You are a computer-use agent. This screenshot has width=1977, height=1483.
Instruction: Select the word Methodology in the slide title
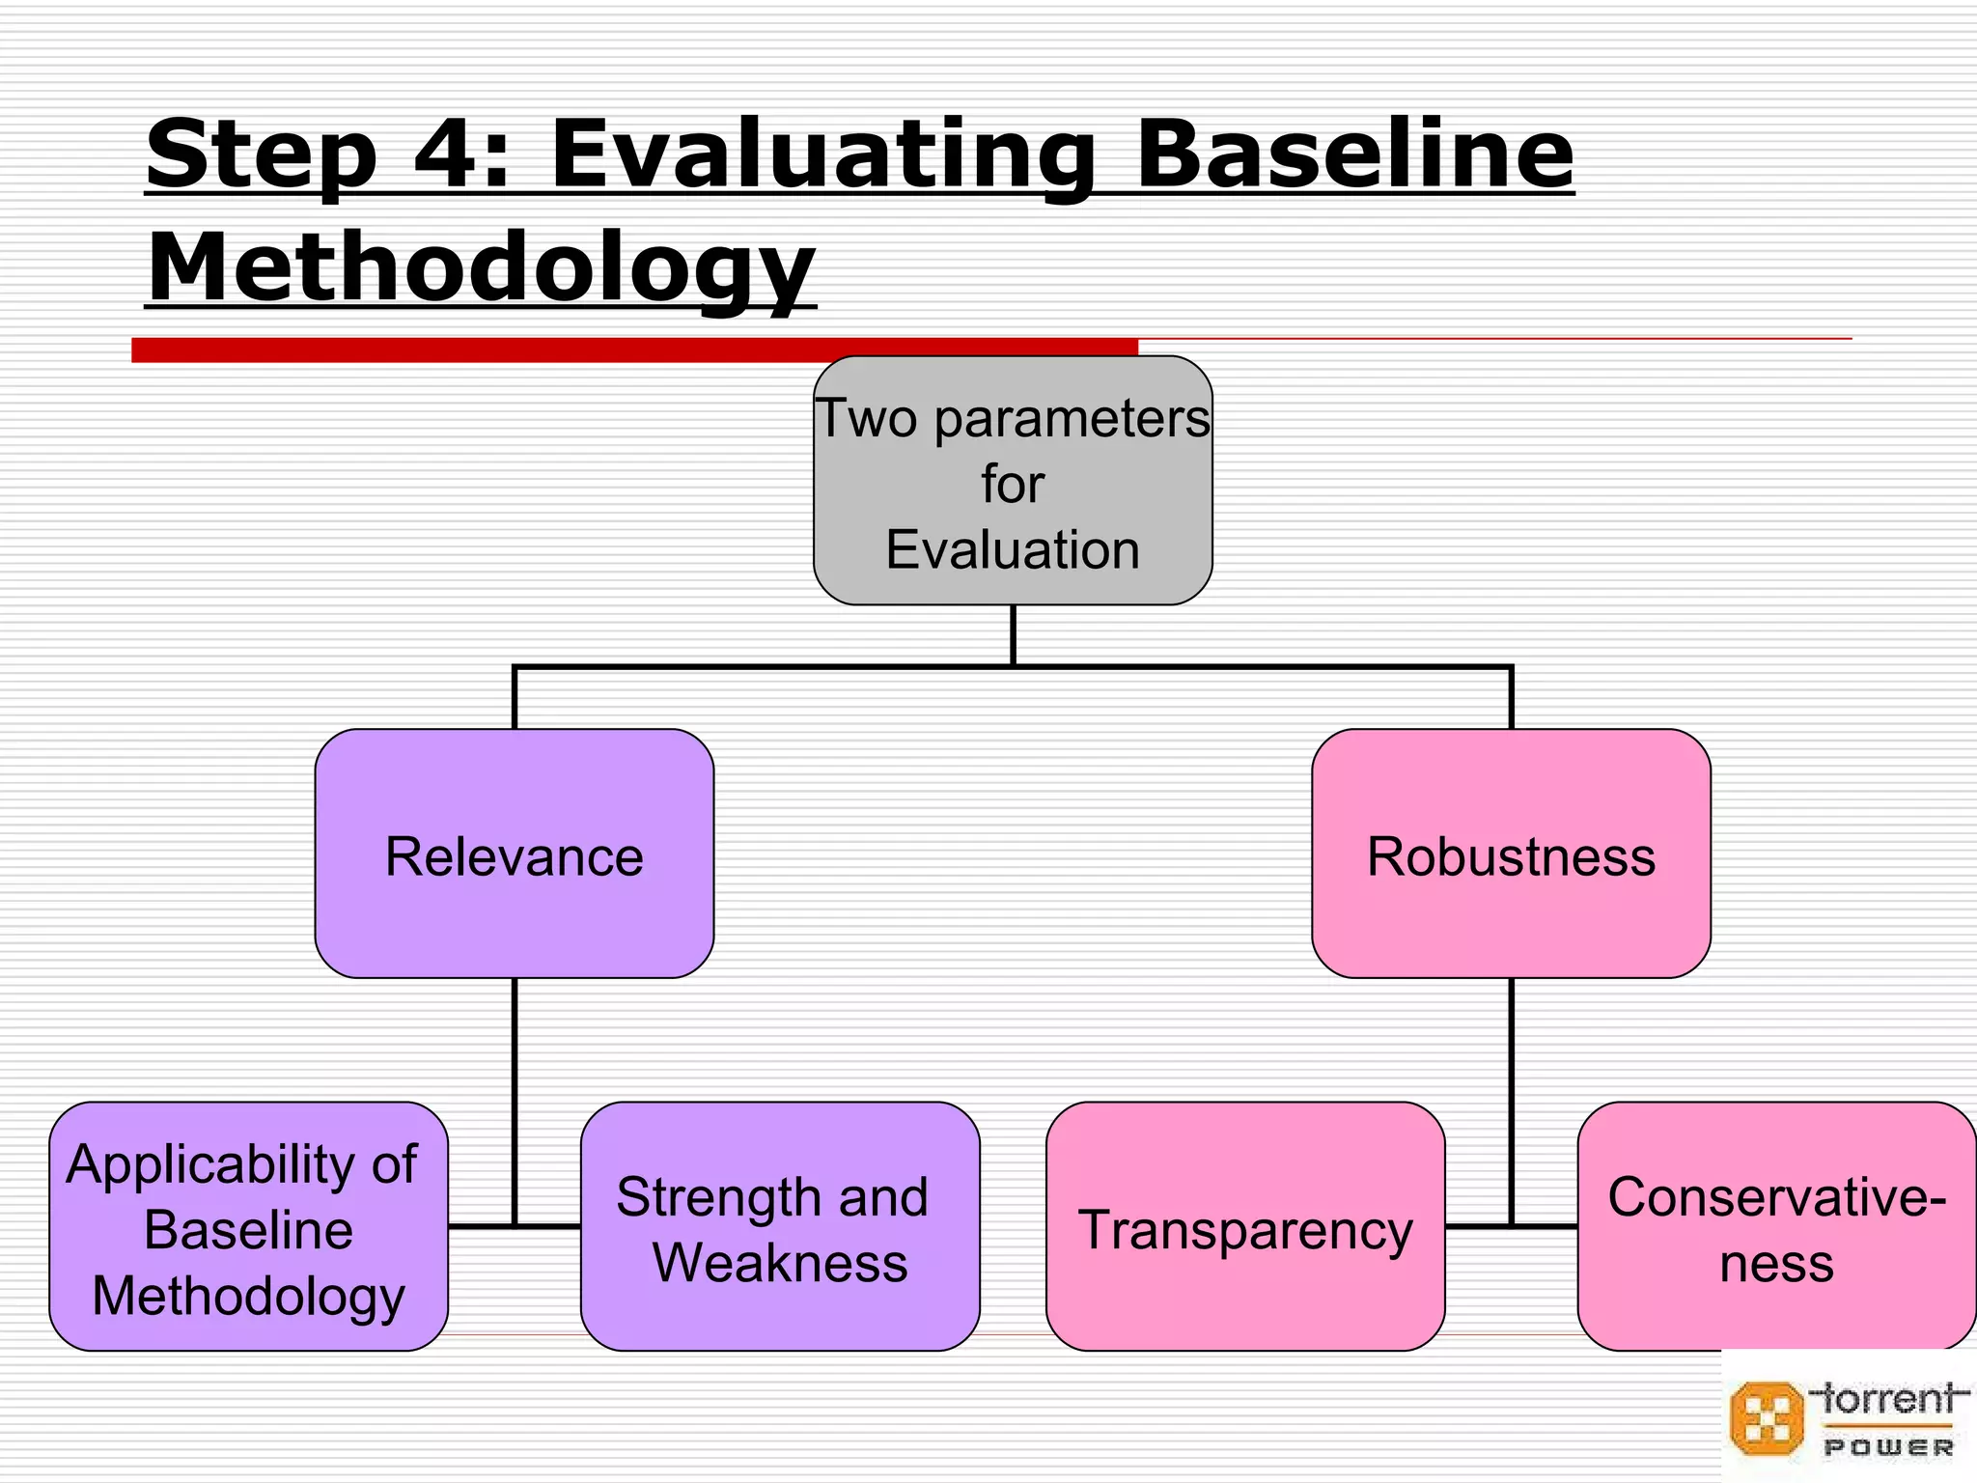point(481,268)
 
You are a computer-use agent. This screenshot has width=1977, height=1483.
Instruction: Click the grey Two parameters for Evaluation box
point(1013,481)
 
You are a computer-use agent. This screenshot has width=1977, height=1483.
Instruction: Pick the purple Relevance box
point(515,853)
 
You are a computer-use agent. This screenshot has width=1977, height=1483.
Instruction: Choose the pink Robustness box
point(1511,853)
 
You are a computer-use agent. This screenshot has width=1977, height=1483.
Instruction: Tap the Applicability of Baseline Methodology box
point(248,1226)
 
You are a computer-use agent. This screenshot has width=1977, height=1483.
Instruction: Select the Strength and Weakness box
point(780,1226)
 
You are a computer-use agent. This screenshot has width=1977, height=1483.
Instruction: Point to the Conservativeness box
point(1776,1226)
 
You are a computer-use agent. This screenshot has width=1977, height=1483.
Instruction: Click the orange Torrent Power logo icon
point(1766,1418)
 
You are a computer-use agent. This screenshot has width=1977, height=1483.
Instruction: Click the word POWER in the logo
point(1888,1447)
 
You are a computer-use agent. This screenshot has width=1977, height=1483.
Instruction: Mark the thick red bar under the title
point(634,350)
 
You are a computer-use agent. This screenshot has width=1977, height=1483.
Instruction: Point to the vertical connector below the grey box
point(1013,635)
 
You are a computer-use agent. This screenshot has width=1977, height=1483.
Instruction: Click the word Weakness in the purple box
point(780,1262)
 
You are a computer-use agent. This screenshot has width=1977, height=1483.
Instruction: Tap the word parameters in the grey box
point(1072,419)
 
